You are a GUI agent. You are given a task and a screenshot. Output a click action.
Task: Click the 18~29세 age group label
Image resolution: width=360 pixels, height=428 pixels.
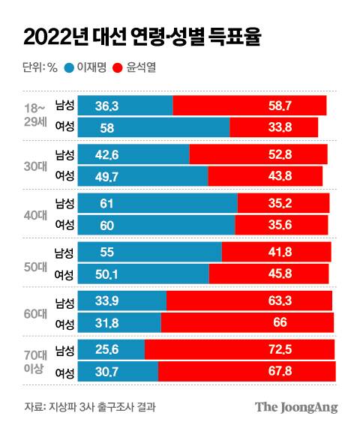[37, 116]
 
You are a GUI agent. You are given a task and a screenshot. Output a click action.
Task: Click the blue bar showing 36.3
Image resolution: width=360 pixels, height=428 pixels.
[125, 106]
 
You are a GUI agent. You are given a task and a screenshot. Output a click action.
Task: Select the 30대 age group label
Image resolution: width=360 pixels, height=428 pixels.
[37, 166]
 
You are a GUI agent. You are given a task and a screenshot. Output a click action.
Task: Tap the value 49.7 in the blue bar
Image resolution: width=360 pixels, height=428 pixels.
[109, 176]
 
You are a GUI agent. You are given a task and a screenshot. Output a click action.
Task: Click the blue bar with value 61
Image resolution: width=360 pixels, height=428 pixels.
[157, 203]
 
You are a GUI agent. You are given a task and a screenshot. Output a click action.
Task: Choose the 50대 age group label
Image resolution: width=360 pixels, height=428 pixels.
[37, 263]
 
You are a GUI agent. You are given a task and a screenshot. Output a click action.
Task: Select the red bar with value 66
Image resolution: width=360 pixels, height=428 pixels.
[247, 323]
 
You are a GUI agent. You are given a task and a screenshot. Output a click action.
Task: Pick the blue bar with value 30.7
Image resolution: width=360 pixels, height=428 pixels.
[118, 372]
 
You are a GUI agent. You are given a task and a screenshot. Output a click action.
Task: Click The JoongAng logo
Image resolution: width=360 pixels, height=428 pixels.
[296, 407]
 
